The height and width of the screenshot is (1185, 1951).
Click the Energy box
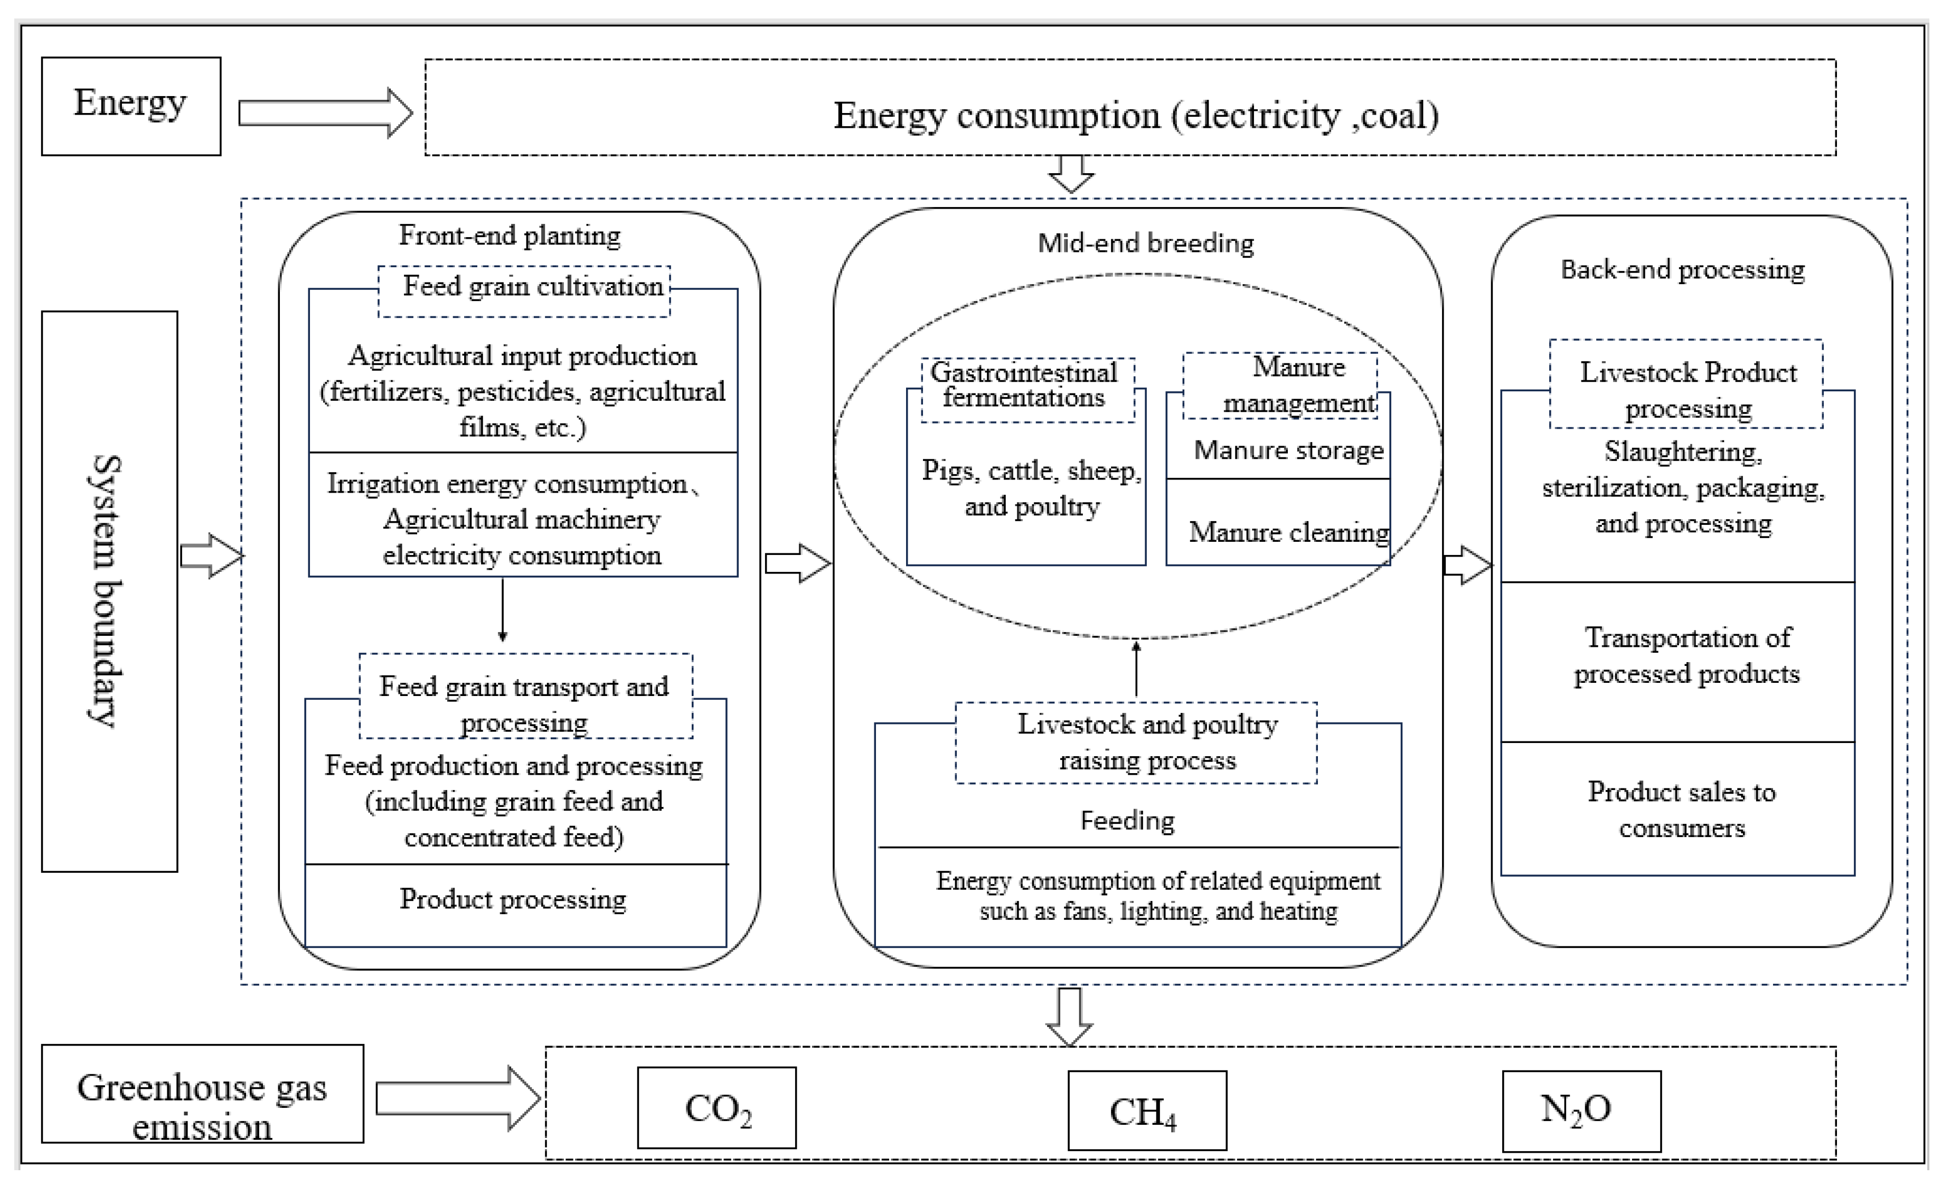pos(130,106)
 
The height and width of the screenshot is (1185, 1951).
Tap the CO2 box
pos(717,1107)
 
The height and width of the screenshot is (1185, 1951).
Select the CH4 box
pos(1146,1111)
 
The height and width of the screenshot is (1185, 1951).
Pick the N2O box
pos(1581,1111)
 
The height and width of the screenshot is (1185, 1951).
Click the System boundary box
pos(109,591)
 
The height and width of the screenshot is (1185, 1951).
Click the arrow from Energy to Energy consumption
pos(325,112)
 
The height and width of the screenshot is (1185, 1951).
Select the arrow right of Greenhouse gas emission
pos(457,1098)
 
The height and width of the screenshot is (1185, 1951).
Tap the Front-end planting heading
pos(509,236)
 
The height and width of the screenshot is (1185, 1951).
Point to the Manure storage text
pos(1288,450)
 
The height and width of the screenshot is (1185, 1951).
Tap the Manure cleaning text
pos(1288,531)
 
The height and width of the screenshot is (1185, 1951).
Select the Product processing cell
pos(513,900)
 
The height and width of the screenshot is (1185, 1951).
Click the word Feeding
pos(1127,821)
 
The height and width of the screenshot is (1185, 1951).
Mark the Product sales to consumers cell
pos(1680,809)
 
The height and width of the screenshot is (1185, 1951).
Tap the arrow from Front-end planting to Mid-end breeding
pos(797,563)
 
